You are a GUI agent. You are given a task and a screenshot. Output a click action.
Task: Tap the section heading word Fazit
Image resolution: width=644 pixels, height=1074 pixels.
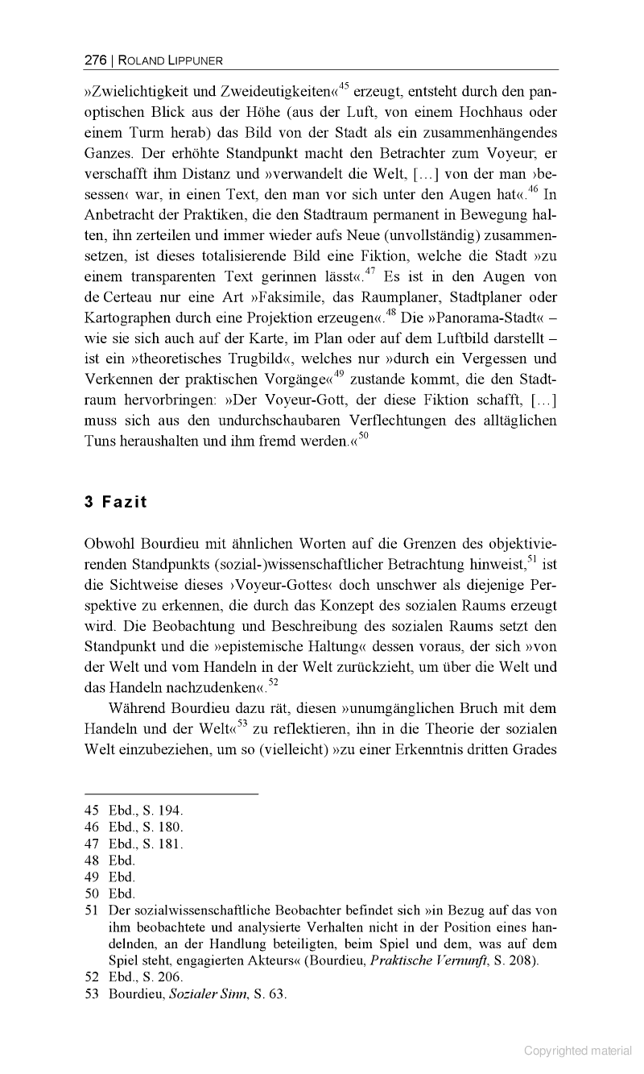[125, 502]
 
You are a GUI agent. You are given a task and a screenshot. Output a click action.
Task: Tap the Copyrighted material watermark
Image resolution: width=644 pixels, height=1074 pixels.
[578, 1050]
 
